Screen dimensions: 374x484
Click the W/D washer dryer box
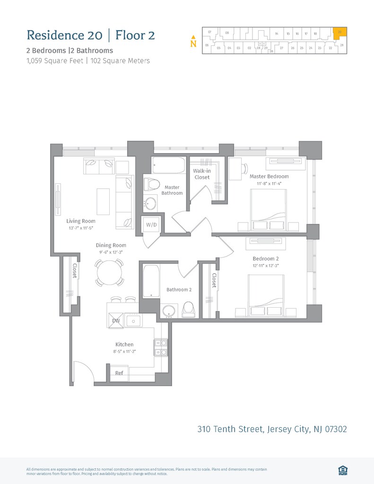[151, 225]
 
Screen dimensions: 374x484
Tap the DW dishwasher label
[116, 321]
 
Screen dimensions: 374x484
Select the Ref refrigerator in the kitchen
[119, 373]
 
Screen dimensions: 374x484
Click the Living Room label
[81, 221]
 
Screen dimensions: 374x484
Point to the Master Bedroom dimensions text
[269, 183]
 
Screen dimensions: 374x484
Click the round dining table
[110, 272]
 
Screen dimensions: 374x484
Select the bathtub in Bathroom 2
[151, 281]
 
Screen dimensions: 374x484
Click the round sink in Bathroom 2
[169, 311]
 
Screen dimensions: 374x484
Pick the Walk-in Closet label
[202, 174]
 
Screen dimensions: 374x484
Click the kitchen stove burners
[161, 347]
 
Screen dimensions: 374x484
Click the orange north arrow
[193, 37]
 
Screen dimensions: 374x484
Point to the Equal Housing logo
[343, 469]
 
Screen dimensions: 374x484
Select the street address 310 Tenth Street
[272, 429]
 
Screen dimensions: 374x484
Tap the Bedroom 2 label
[266, 259]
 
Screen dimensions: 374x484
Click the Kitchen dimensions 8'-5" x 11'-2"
[125, 352]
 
